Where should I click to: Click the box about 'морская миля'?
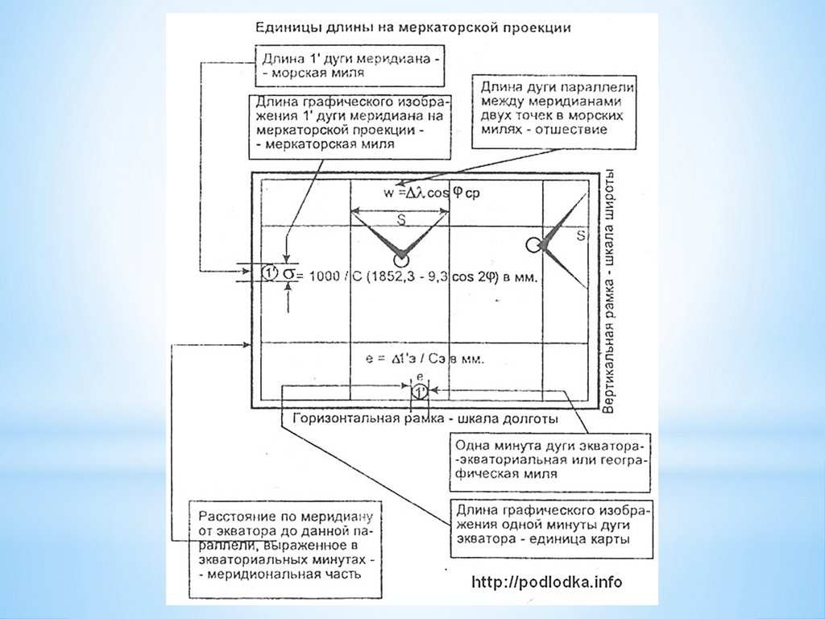350,65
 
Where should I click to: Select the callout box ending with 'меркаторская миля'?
350,124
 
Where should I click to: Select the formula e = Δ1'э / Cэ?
424,359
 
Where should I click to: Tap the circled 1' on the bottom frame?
420,392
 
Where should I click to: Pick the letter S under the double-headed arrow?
400,218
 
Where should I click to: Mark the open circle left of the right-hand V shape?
533,244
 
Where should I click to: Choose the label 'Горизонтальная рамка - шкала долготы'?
426,420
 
